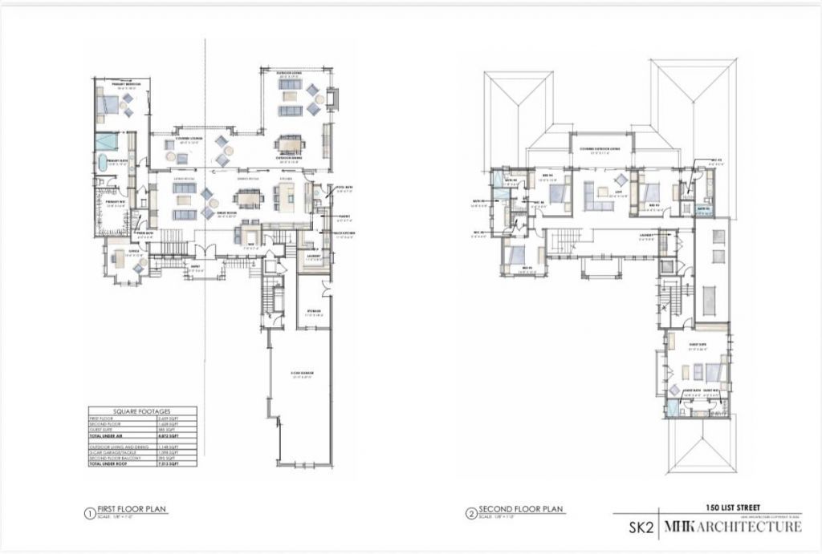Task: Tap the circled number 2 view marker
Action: (x=470, y=511)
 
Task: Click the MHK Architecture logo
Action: (x=730, y=527)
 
